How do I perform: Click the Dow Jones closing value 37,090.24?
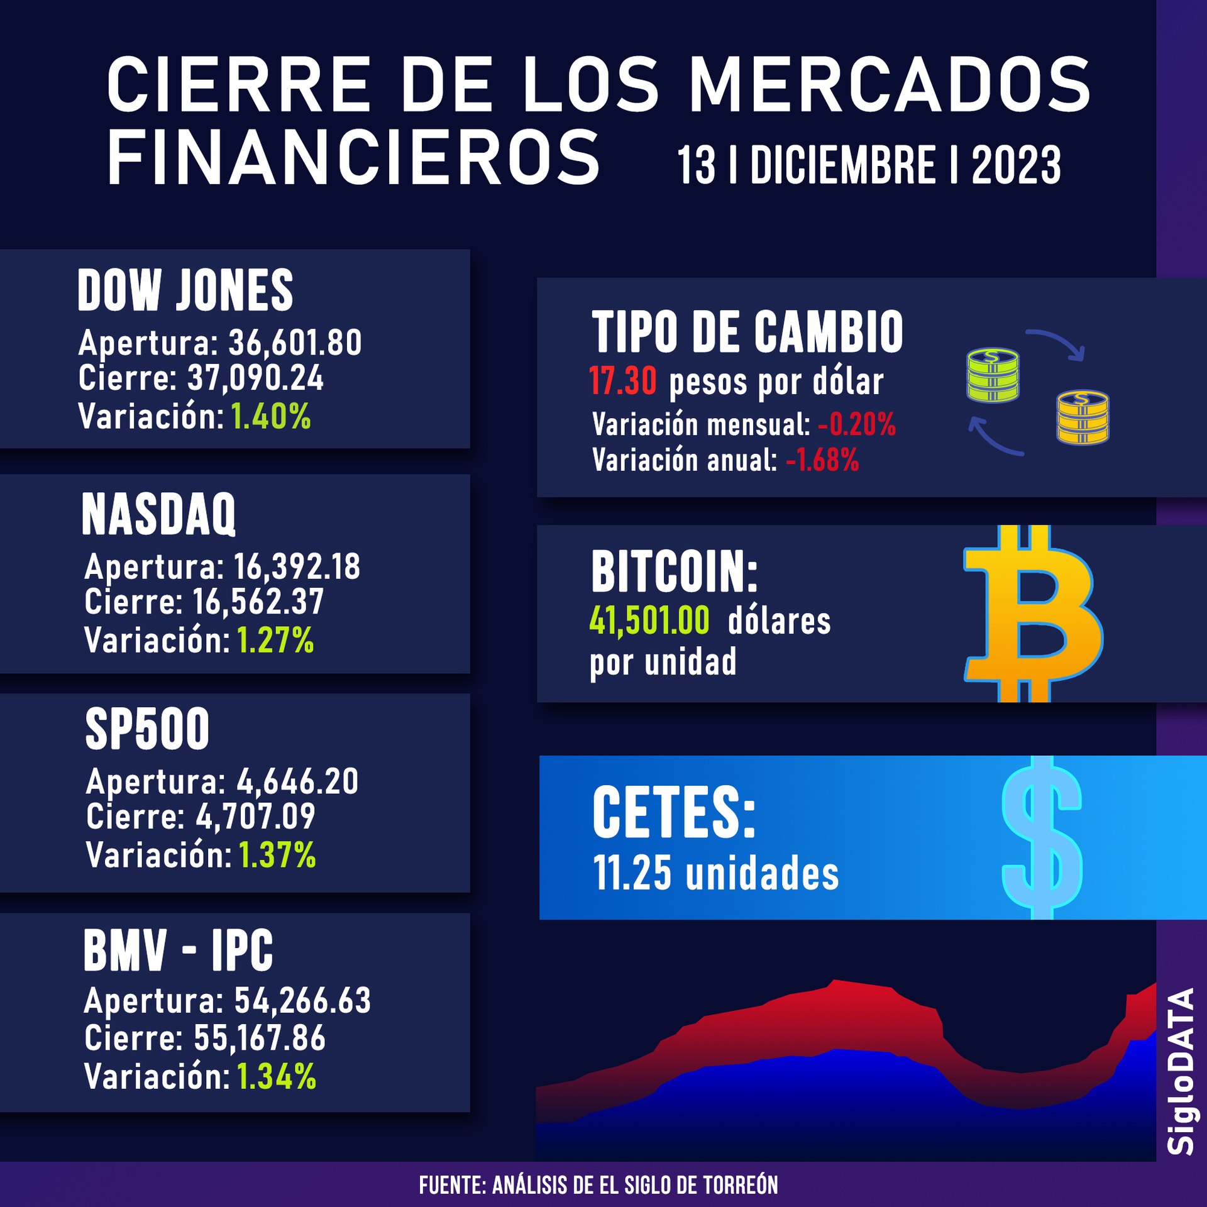point(255,378)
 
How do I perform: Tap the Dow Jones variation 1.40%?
point(271,416)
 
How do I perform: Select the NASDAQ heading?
point(158,514)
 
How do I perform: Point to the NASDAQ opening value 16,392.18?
point(297,566)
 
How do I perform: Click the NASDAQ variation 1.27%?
point(275,641)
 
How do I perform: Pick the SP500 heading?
point(147,729)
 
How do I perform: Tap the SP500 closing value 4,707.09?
point(255,817)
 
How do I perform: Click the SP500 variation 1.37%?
point(277,855)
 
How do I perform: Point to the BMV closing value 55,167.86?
point(260,1037)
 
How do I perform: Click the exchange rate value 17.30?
point(623,382)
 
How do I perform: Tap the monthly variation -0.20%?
point(856,424)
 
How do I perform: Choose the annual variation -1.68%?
point(822,460)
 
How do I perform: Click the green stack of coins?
point(993,375)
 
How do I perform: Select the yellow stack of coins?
point(1083,417)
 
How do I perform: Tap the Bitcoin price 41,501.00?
point(649,621)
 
